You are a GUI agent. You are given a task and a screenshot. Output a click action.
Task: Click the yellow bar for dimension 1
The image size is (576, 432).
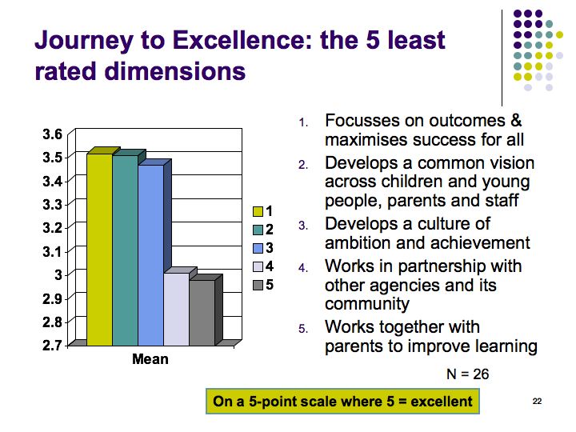99,250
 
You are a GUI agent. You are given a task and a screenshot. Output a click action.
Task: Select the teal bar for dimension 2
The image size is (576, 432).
126,250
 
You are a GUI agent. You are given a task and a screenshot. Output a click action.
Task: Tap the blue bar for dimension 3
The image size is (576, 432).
151,255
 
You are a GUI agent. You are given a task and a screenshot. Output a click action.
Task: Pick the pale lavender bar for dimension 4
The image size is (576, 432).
177,309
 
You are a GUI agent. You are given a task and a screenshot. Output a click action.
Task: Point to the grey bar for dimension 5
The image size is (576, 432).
202,313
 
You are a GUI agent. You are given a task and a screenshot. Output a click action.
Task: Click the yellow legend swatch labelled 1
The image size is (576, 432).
258,211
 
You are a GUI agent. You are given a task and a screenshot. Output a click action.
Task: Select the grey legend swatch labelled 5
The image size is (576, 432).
258,285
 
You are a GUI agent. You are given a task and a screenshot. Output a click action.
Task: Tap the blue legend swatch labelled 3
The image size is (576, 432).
258,248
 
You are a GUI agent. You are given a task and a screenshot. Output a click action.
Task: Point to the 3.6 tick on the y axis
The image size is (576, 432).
53,134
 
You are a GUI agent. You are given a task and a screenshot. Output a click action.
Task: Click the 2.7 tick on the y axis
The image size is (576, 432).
53,346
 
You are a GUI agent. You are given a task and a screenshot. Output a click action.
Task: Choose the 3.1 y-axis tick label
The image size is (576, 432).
53,252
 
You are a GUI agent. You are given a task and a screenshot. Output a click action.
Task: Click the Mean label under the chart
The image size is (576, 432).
150,359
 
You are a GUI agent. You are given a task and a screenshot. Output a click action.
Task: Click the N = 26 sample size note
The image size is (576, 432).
468,374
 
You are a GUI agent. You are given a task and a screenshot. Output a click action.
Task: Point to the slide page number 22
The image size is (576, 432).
537,401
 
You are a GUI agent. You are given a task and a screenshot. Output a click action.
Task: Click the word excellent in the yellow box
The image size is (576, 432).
442,401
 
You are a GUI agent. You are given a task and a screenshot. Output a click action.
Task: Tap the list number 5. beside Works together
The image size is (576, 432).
303,329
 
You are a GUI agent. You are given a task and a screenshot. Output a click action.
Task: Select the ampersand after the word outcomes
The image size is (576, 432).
516,121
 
